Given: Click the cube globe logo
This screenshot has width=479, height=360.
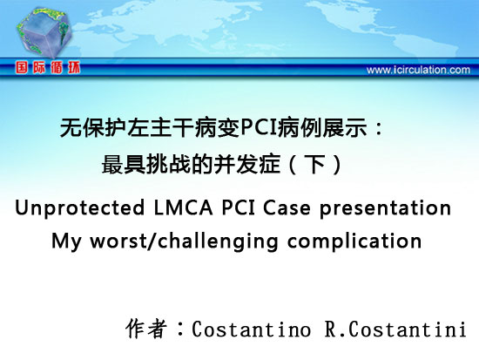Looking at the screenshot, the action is tap(44, 32).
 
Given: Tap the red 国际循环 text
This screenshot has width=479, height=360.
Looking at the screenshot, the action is tap(48, 67).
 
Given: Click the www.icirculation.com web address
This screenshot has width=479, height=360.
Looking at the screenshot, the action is tap(418, 70).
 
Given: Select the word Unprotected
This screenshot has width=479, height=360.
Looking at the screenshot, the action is tap(80, 208).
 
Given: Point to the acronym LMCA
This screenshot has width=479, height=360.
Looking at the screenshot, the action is tap(183, 207).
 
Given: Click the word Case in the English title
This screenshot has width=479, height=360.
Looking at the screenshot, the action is tap(287, 208).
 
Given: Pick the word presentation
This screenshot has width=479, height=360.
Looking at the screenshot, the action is tap(385, 208).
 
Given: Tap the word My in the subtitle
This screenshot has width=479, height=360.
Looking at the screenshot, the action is tap(66, 241).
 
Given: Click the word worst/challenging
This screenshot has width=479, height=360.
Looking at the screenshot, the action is tap(184, 241).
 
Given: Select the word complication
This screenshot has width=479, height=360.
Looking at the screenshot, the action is tap(354, 241).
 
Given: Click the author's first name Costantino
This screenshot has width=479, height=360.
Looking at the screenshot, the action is tap(251, 329).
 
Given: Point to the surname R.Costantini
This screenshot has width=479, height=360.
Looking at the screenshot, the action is tap(395, 329).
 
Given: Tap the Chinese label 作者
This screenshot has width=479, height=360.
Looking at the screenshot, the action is tap(146, 329).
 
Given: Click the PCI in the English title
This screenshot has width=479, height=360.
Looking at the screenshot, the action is tap(238, 207).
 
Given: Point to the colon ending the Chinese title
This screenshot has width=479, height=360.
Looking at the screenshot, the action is tap(379, 128).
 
